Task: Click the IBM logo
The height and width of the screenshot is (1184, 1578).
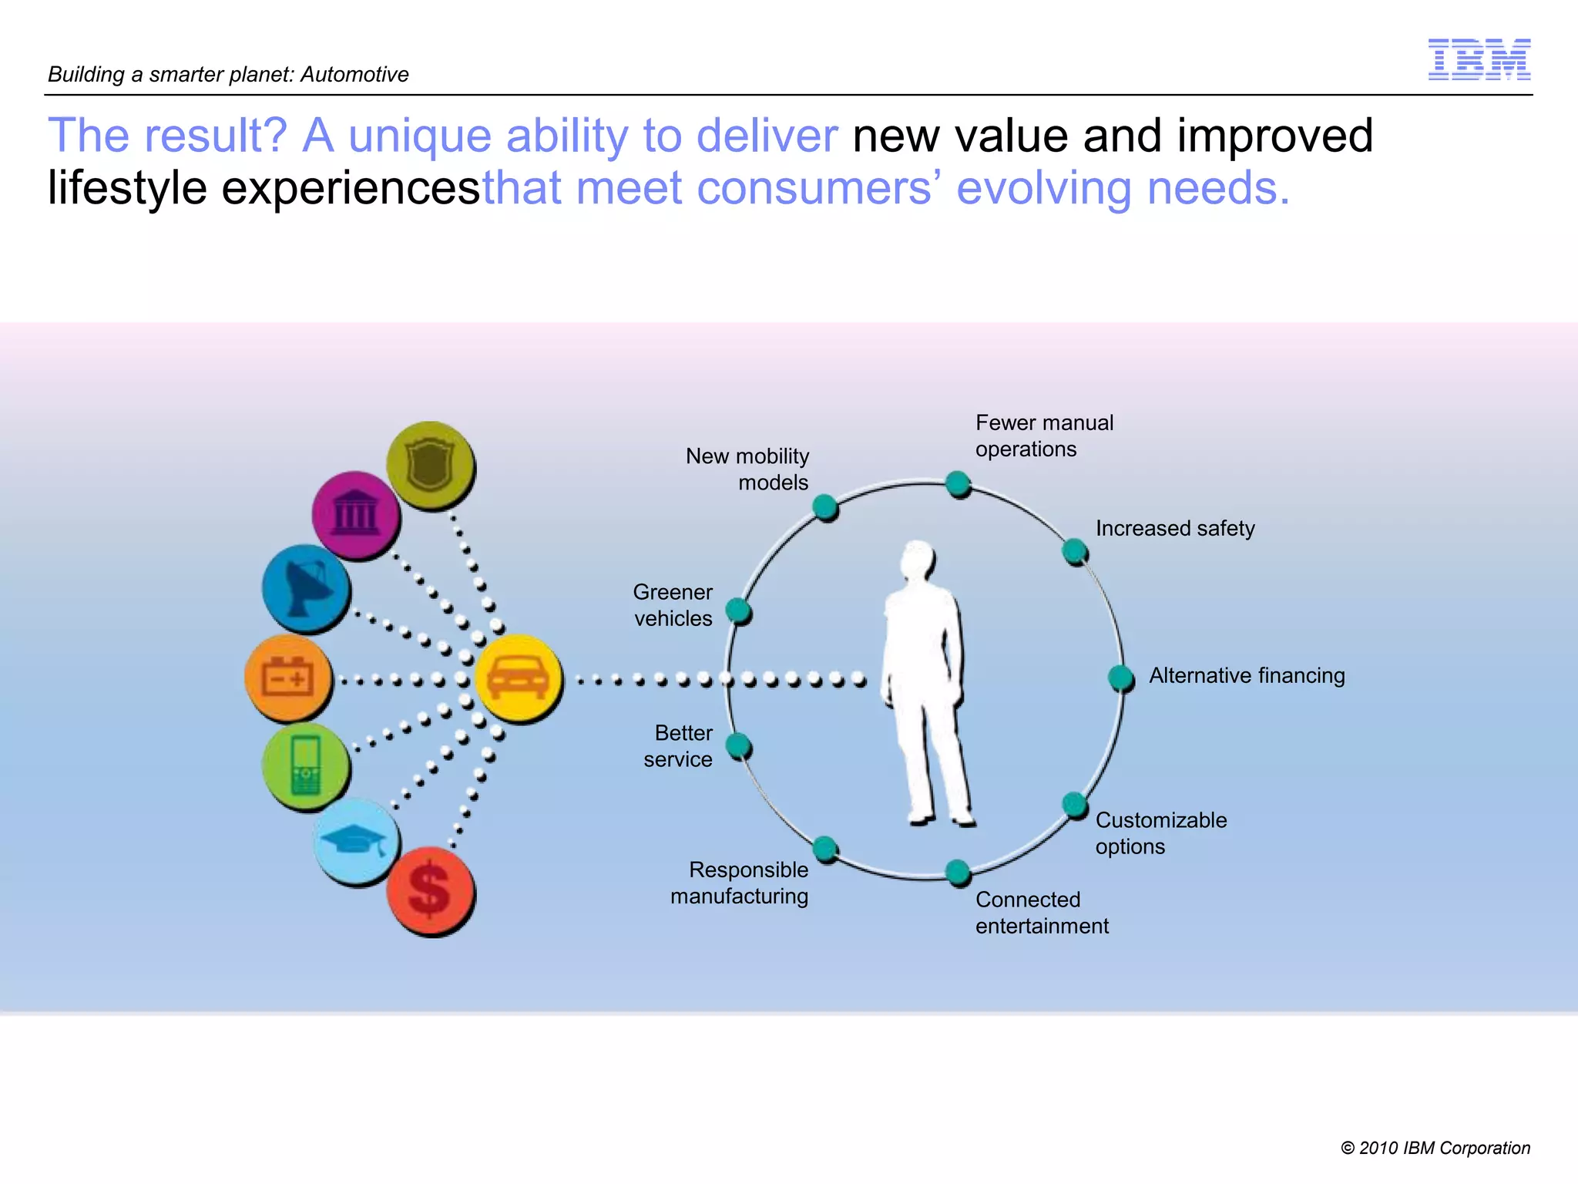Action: (1479, 59)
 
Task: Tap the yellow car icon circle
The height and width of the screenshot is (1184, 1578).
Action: (519, 678)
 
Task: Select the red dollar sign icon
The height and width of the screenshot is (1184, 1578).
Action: (430, 890)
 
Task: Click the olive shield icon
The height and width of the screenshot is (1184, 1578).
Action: (430, 465)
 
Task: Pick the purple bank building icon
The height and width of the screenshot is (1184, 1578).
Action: (355, 515)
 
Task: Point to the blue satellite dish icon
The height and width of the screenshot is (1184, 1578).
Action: (306, 588)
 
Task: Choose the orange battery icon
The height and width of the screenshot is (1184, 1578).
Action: (288, 678)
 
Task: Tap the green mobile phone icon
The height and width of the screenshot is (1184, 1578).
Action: (306, 766)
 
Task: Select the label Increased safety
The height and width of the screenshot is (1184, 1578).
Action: (1175, 529)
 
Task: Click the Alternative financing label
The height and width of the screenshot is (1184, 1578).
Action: (1247, 676)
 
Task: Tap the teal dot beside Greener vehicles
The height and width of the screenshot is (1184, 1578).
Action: (738, 610)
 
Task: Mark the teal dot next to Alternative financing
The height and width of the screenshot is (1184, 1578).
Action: (1120, 678)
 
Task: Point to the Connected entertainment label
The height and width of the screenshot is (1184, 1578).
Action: (1042, 913)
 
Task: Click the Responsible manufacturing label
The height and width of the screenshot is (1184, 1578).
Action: (740, 883)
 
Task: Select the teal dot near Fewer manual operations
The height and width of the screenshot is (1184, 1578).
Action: (957, 484)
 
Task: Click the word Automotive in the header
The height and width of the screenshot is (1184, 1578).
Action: (354, 75)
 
